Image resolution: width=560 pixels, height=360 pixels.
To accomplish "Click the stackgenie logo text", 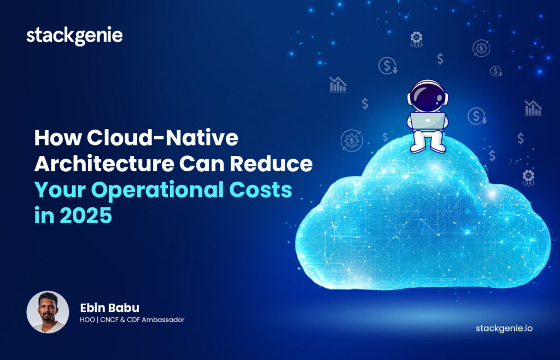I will [x=74, y=36].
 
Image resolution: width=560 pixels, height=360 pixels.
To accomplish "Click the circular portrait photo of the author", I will [x=48, y=312].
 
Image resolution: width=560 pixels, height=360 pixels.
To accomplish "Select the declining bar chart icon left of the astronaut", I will [x=338, y=84].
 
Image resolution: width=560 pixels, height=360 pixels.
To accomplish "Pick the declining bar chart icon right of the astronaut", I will [x=533, y=108].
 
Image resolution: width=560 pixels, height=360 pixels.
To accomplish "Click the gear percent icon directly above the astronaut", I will [x=417, y=38].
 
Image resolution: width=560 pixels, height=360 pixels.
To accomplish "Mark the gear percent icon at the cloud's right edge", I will [x=528, y=176].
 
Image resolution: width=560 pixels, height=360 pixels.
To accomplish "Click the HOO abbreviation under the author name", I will [x=87, y=320].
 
